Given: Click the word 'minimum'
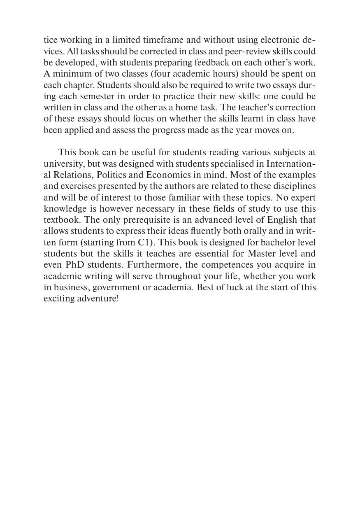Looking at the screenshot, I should [x=69, y=74].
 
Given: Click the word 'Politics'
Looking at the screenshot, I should [x=111, y=175].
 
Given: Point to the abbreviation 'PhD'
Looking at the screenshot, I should [x=75, y=264].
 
